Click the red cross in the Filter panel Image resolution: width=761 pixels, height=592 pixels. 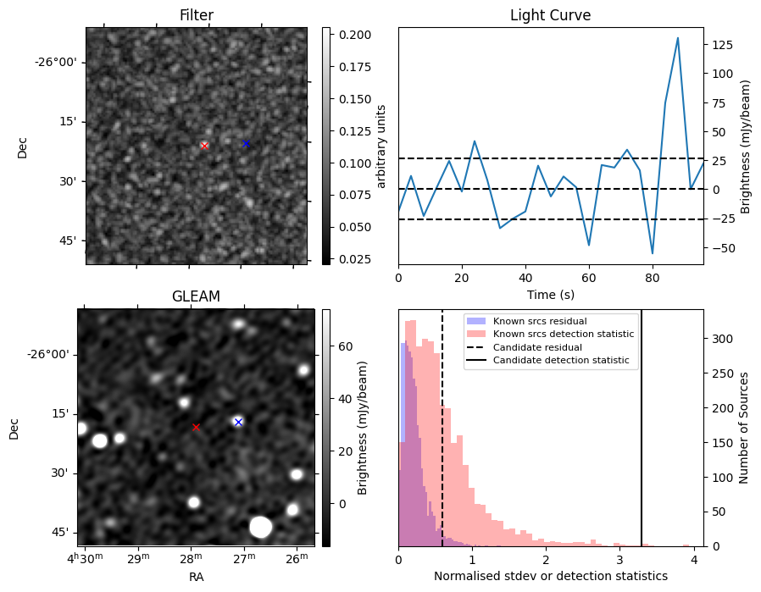[204, 146]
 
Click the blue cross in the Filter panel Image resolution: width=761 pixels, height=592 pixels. [246, 143]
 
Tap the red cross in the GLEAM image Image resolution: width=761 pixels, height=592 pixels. [196, 427]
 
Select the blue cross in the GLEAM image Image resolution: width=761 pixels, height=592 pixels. [238, 422]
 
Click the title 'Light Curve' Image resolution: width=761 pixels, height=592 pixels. [550, 15]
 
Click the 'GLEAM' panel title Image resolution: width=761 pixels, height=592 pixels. [196, 296]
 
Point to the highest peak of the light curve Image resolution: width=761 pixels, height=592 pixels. [678, 38]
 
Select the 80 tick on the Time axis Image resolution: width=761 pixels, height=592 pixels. [653, 277]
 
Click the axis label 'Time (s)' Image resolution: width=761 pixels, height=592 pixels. [550, 294]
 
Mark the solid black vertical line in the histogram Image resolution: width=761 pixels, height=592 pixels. [642, 423]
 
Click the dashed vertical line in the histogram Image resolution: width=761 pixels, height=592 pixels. [442, 423]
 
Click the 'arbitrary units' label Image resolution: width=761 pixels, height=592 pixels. [381, 146]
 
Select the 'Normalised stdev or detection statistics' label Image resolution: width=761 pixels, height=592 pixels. [550, 576]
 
